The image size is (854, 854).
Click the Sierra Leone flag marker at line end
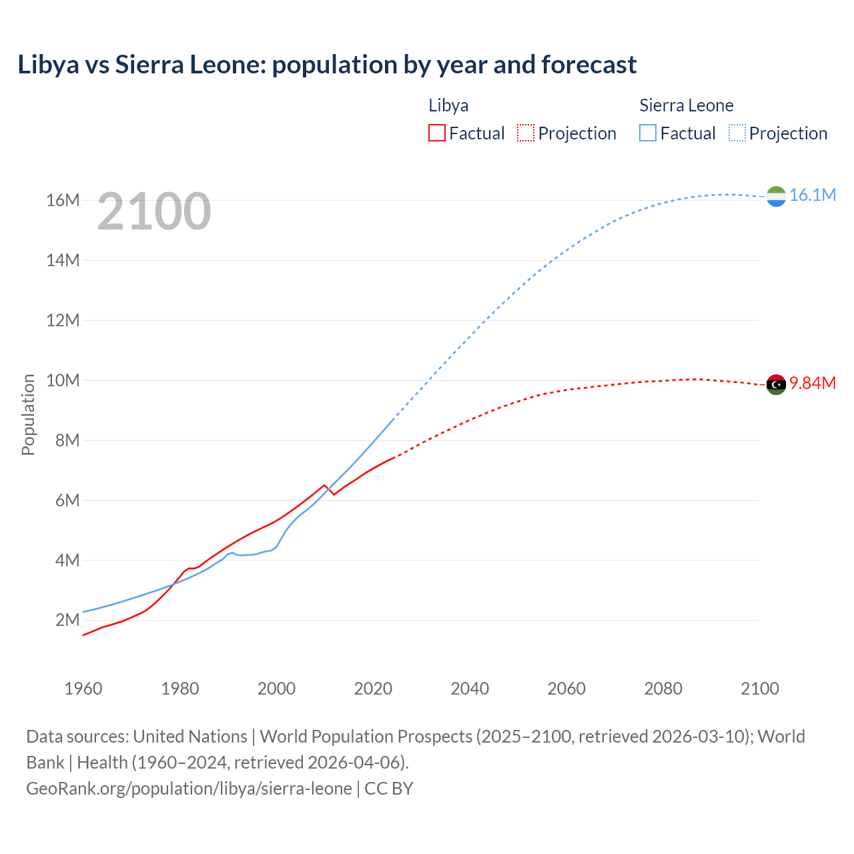(x=776, y=196)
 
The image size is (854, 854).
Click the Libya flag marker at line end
(x=776, y=384)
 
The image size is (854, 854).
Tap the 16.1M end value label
(x=812, y=195)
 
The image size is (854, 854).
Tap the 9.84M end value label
(x=812, y=383)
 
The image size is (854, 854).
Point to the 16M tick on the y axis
(x=63, y=200)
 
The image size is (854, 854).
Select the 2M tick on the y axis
(x=67, y=620)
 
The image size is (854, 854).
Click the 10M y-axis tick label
(x=63, y=380)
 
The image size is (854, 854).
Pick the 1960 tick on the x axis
(x=83, y=689)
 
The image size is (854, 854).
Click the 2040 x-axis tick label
(x=470, y=689)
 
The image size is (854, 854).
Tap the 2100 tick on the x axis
(x=759, y=689)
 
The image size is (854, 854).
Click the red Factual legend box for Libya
(x=436, y=133)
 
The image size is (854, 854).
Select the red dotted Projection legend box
(x=526, y=133)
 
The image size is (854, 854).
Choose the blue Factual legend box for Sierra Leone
(x=647, y=133)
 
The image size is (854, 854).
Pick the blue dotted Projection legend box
(x=737, y=133)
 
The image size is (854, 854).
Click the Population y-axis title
(x=28, y=414)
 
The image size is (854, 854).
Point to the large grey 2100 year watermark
(x=154, y=212)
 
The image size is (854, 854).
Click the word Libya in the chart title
(x=49, y=65)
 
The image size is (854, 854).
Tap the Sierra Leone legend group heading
(x=686, y=105)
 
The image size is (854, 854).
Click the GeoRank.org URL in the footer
(x=189, y=788)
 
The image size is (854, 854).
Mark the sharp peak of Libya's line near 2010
(x=325, y=485)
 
